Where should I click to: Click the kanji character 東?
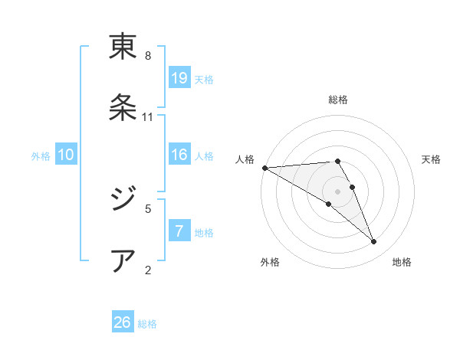point(123,47)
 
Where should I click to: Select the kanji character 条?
point(123,107)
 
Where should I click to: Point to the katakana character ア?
point(123,260)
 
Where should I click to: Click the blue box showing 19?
point(179,78)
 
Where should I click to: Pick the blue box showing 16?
point(179,155)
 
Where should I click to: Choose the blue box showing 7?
point(179,231)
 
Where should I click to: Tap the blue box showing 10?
point(66,155)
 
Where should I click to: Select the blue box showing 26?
point(123,322)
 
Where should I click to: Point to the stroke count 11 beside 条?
point(148,117)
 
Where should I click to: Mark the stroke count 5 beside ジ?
point(148,208)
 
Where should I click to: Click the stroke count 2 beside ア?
point(148,269)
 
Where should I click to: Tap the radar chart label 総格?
point(338,100)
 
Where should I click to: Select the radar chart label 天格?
point(432,159)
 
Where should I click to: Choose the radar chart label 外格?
point(270,262)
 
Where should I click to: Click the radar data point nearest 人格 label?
point(264,168)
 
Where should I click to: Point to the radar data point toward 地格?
point(374,242)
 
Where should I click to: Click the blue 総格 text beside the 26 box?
point(147,324)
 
